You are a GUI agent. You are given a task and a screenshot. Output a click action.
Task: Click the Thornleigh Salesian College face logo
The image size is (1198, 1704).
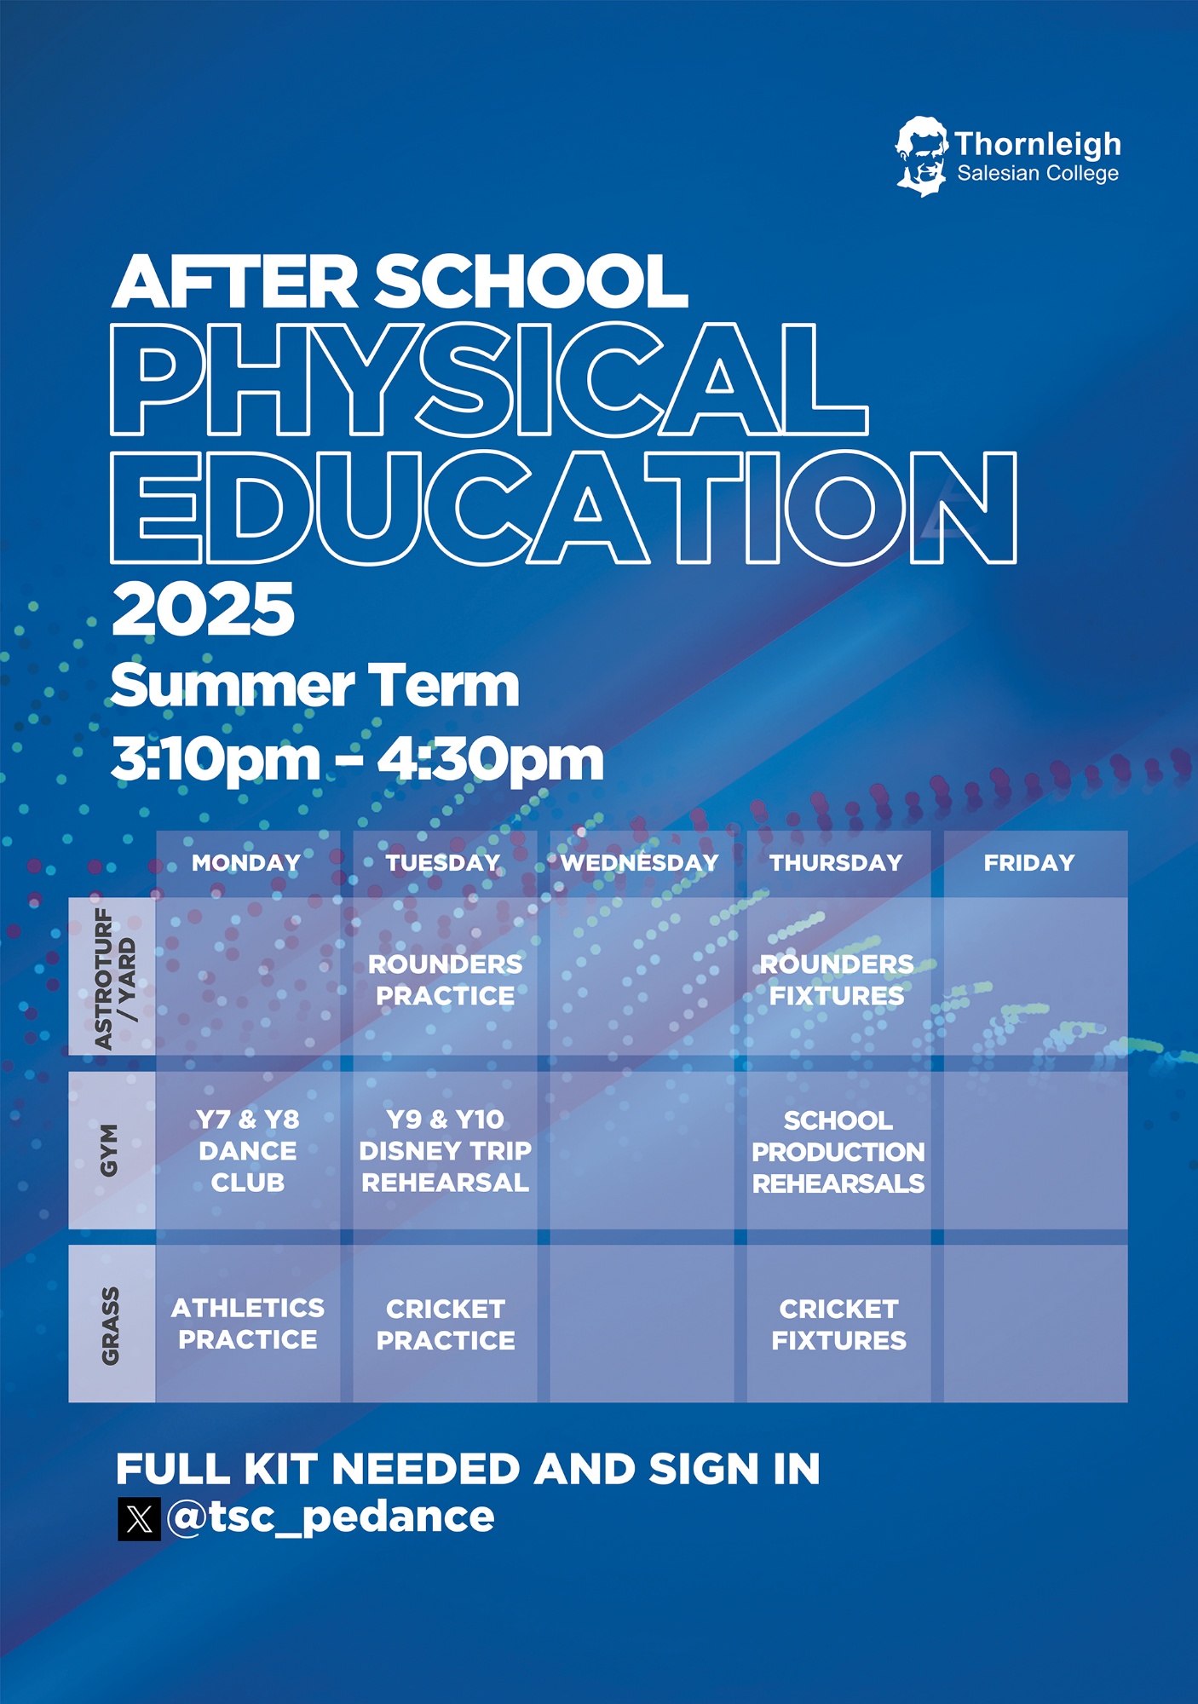(921, 157)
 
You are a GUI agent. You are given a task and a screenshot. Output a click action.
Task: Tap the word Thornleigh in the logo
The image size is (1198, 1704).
(1038, 144)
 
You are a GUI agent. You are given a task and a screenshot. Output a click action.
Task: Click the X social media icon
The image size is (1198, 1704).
(139, 1519)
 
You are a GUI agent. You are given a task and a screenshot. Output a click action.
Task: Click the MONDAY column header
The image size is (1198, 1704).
(246, 862)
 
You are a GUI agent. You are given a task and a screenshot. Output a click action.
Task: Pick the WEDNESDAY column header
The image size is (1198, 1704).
(640, 862)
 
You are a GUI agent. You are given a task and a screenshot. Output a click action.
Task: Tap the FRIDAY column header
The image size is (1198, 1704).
(1029, 862)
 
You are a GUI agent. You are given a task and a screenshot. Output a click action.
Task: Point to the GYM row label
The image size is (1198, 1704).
(110, 1150)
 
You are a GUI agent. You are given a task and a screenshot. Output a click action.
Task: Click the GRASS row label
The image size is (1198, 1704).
(110, 1326)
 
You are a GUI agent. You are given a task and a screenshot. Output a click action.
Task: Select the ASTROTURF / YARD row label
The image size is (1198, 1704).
(114, 978)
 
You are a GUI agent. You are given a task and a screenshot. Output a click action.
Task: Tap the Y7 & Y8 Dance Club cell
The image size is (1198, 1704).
(248, 1151)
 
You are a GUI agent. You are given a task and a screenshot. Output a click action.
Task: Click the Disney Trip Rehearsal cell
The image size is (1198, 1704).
(446, 1151)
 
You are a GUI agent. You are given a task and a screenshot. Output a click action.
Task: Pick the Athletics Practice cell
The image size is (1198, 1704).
(248, 1324)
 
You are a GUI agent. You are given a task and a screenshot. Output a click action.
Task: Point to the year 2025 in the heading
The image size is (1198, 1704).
(204, 609)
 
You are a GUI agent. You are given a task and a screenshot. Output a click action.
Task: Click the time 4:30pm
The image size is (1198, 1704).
(491, 759)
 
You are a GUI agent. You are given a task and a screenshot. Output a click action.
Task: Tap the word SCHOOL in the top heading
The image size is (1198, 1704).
(532, 282)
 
